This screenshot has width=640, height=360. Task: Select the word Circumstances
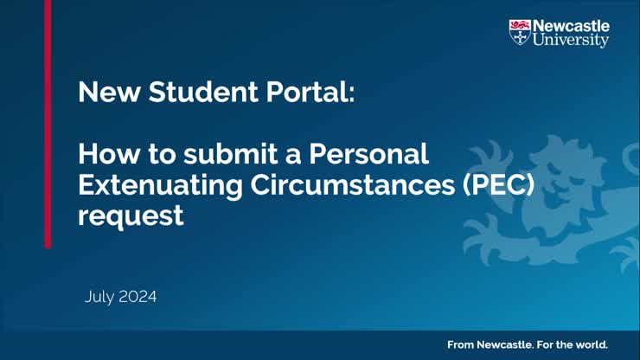point(355,184)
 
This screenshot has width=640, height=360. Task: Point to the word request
point(131,215)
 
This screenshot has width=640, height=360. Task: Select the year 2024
point(138,297)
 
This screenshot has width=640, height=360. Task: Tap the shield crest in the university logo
point(519,33)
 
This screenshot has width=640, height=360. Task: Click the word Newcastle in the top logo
point(571,26)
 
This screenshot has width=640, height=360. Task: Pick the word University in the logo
point(571,41)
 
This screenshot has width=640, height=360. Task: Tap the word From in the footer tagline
point(461,344)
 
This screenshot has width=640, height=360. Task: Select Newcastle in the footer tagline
point(503,344)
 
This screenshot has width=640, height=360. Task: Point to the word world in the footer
point(592,344)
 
